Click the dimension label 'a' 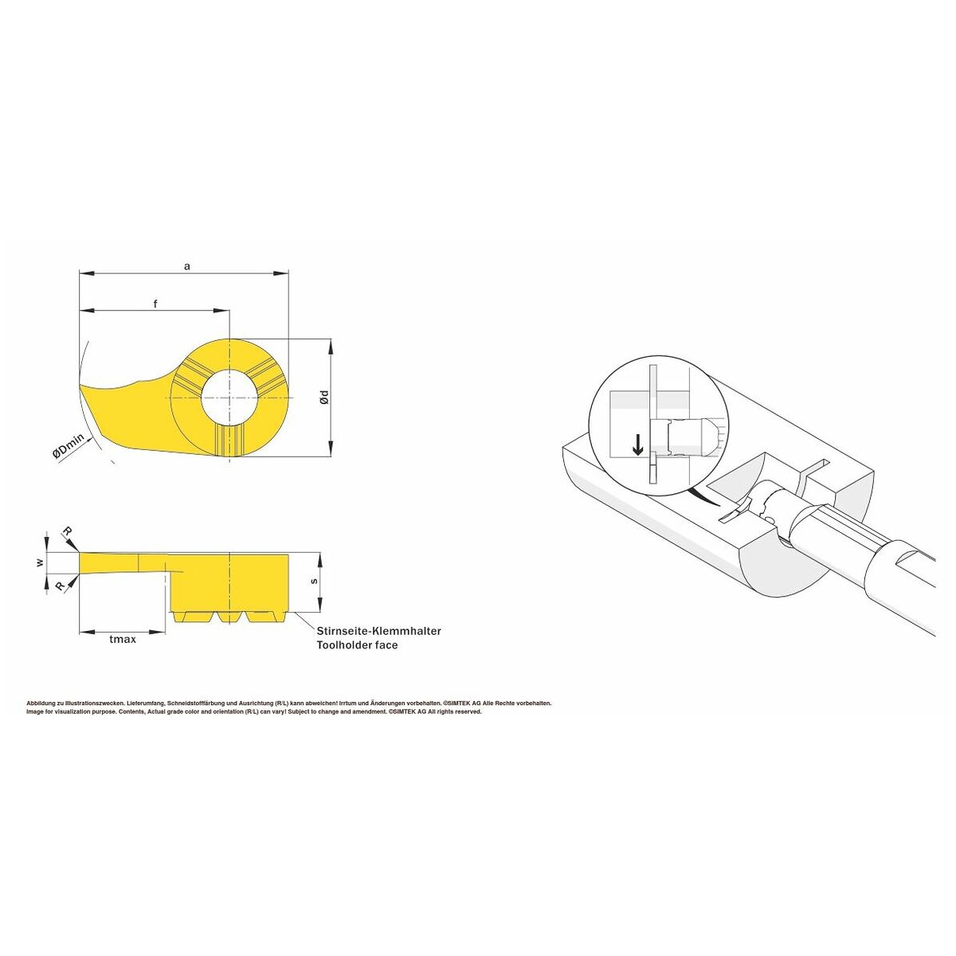(x=186, y=267)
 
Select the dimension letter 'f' (x=155, y=304)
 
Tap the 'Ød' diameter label (x=324, y=397)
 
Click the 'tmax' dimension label (x=123, y=639)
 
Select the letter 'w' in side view (x=41, y=562)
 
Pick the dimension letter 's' (x=314, y=581)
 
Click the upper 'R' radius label (x=67, y=533)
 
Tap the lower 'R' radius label (x=60, y=586)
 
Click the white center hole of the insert (x=229, y=398)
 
